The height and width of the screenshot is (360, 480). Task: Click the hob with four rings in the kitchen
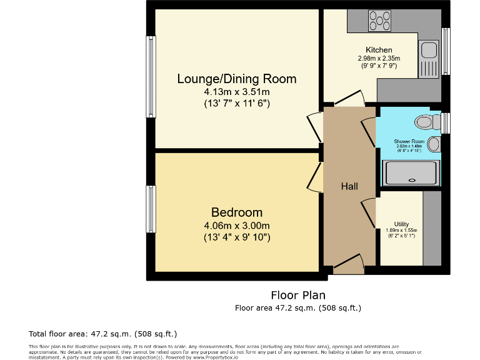tap(379, 21)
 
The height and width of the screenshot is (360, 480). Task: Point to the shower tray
tap(411, 173)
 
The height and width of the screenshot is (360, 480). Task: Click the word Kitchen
tap(379, 50)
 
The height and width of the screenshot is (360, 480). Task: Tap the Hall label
tap(349, 186)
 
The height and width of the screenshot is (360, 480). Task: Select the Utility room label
tap(401, 224)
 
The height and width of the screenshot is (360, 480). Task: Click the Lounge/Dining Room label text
tap(236, 79)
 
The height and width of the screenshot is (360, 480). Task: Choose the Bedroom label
tap(236, 212)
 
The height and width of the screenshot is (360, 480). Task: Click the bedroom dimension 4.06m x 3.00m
tap(236, 226)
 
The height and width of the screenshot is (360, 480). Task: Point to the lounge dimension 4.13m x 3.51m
tap(236, 92)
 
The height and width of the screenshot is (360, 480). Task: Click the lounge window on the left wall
tap(151, 76)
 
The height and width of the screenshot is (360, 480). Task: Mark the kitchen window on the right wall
tap(446, 51)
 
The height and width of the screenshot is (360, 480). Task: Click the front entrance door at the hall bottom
tap(348, 265)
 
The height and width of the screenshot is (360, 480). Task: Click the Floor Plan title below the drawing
tap(297, 295)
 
